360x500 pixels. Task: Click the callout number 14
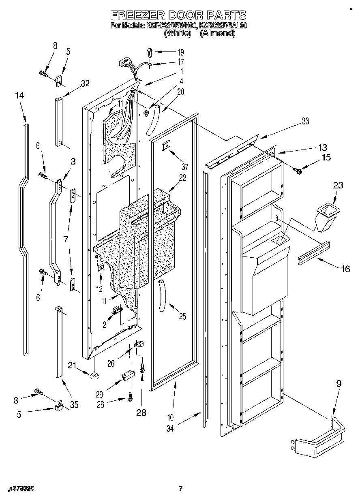pos(19,96)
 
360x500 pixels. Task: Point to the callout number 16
pos(345,268)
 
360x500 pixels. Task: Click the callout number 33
pos(304,121)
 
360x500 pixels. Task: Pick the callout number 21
pos(73,365)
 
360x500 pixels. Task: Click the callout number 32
pos(85,83)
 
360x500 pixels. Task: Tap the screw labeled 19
pos(150,51)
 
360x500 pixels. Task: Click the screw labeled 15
pos(299,172)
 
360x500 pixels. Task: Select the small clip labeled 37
pos(166,146)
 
